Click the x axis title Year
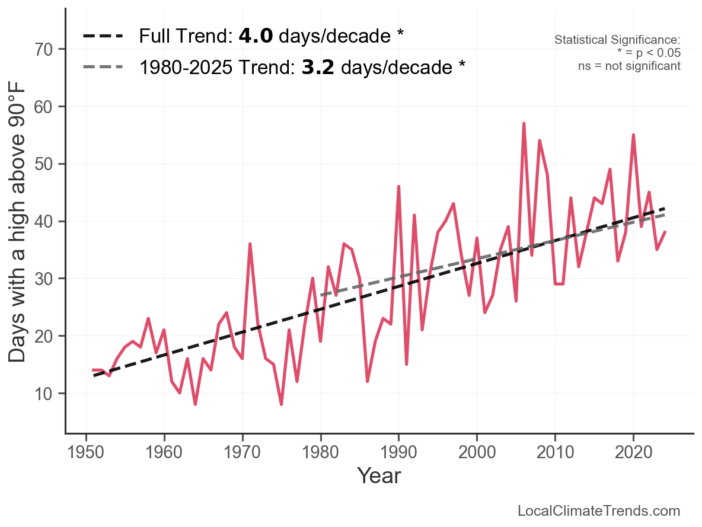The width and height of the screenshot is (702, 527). point(379,475)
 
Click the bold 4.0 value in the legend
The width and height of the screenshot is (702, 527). point(256,36)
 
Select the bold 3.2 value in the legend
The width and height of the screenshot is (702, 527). point(318,67)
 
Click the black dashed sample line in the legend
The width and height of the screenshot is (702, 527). point(103,37)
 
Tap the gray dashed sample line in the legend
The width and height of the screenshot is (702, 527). point(103,67)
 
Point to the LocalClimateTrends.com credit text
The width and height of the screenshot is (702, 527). point(599,510)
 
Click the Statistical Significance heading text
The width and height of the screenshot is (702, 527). point(617,40)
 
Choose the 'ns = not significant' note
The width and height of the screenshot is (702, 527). point(629,66)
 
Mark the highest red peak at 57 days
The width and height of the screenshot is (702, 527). point(524,123)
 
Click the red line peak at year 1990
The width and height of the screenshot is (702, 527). point(398,187)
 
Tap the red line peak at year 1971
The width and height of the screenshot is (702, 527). point(250,244)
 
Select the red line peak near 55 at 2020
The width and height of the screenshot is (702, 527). point(633,135)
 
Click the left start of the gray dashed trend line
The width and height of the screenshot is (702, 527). point(321,295)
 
